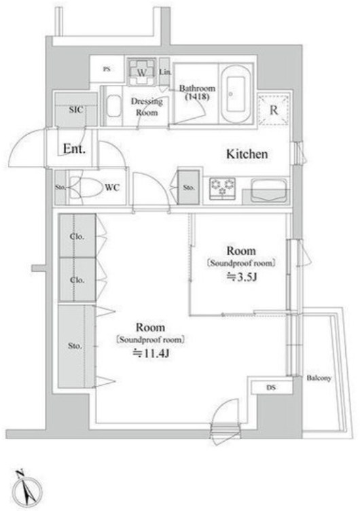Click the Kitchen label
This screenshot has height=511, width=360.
coord(247,154)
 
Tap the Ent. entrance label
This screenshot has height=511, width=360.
coord(74,149)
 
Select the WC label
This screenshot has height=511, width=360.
coord(112,188)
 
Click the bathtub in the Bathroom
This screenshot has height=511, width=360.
coord(236,94)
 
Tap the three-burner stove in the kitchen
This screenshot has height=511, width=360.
coord(223,188)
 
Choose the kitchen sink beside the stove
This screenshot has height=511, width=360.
coord(269,191)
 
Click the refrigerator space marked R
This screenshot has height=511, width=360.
coord(274,110)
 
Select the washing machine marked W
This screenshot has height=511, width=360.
coord(142,72)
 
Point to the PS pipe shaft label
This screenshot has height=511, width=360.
coord(107,69)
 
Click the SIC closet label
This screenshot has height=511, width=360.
coord(76,110)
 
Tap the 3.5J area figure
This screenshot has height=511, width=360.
coord(242,277)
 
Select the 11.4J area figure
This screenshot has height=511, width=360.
coord(151,353)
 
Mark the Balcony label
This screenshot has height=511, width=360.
coord(319,378)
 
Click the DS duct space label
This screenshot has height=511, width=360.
coord(271,387)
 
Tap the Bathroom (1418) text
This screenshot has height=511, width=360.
coord(197,92)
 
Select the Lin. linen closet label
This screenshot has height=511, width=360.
coord(165,72)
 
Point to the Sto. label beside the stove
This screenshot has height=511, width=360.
coord(189,188)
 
